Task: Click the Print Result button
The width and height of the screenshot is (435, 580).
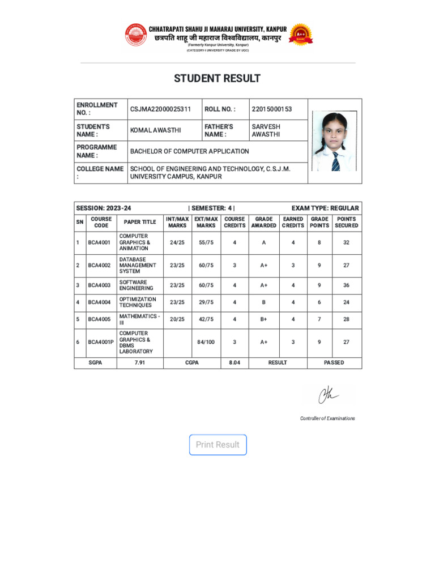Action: [x=217, y=445]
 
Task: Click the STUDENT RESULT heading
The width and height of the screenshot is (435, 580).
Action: [x=217, y=78]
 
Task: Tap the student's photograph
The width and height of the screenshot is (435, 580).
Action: [x=334, y=142]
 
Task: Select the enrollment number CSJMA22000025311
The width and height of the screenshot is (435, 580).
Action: [x=160, y=109]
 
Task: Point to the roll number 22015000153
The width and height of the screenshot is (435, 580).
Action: [x=272, y=109]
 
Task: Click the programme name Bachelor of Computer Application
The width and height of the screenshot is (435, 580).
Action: [x=189, y=151]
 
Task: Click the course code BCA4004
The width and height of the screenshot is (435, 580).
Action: [x=99, y=302]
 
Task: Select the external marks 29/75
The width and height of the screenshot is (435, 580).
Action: [x=206, y=302]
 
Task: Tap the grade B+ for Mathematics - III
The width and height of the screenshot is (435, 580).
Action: [x=264, y=319]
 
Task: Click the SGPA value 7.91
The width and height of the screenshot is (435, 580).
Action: [x=140, y=362]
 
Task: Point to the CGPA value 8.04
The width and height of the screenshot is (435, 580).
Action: [x=234, y=362]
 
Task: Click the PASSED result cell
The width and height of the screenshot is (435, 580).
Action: [x=334, y=362]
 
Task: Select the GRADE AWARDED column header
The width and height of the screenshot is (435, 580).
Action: [x=264, y=222]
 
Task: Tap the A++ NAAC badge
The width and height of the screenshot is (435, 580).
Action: [x=300, y=35]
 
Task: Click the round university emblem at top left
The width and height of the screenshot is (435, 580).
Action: [x=135, y=35]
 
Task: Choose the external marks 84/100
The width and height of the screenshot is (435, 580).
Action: [x=206, y=342]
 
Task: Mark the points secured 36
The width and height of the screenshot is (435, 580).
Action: [x=346, y=285]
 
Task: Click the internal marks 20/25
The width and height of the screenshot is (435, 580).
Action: [x=177, y=319]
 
